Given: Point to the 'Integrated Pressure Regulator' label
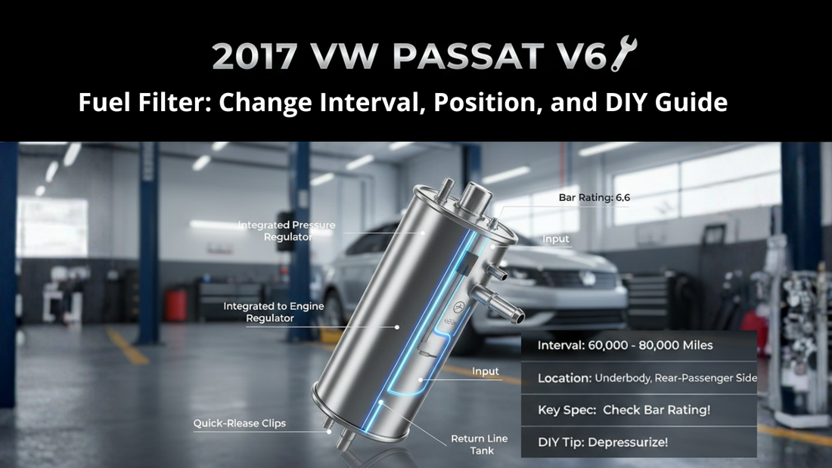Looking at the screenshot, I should (x=287, y=231).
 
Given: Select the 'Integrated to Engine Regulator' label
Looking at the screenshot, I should (x=259, y=312).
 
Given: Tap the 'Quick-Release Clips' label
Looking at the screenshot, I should (x=239, y=423).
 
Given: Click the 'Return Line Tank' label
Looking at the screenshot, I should (x=480, y=445).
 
